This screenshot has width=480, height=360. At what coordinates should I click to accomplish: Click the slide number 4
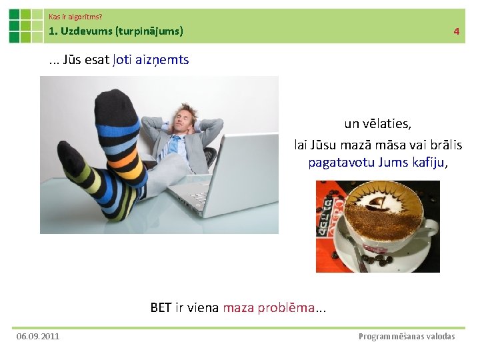tap(456, 31)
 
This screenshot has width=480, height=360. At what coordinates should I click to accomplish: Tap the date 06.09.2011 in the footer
tap(38, 336)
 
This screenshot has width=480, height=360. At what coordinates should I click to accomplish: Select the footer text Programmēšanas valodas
tap(407, 336)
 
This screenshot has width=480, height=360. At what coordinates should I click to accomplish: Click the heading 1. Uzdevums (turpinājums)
tap(116, 31)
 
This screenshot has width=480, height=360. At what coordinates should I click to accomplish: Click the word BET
tap(161, 307)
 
